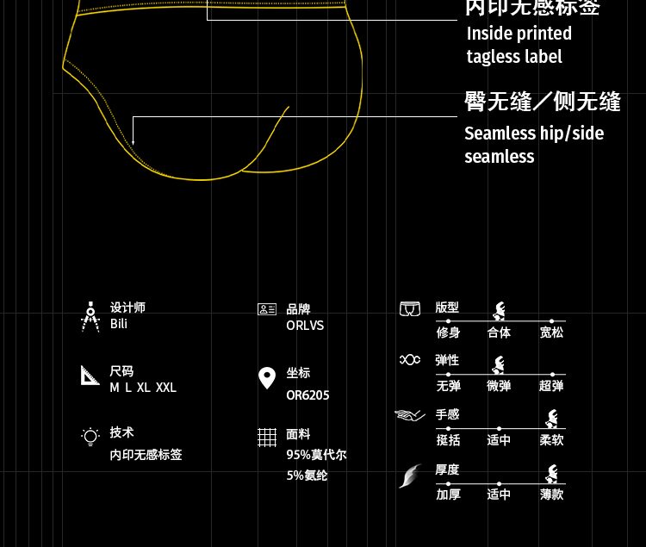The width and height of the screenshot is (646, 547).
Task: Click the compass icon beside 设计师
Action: pos(90,316)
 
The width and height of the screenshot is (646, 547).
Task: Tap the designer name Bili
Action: pos(119,324)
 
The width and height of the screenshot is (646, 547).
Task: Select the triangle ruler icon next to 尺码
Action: pos(90,375)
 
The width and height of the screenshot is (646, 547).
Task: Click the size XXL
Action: pos(166,388)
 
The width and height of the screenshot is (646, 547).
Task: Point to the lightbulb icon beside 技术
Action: pos(90,436)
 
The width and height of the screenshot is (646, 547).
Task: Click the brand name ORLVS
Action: pos(305,326)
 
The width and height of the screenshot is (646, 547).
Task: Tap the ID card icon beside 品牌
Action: pos(267,309)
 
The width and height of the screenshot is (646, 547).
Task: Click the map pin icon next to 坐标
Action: pos(268,377)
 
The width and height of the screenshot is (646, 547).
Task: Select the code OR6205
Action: pos(307,395)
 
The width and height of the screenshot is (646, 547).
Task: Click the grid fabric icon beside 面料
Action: pos(267,438)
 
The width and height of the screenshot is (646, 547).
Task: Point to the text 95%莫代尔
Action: pos(316,455)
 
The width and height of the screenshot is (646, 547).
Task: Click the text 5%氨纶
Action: pos(307,476)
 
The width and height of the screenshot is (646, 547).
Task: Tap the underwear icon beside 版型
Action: pos(410,308)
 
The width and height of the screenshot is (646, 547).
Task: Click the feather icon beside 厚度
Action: pos(411,476)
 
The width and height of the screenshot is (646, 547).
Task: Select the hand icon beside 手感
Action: pos(410,416)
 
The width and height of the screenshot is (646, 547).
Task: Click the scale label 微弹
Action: pos(499,386)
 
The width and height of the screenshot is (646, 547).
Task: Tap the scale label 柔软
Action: pos(551,440)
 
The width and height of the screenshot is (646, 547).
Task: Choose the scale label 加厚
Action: pos(448,494)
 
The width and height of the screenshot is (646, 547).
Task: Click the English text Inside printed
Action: pos(519,34)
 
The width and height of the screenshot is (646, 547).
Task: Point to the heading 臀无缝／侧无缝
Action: pos(543,102)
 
